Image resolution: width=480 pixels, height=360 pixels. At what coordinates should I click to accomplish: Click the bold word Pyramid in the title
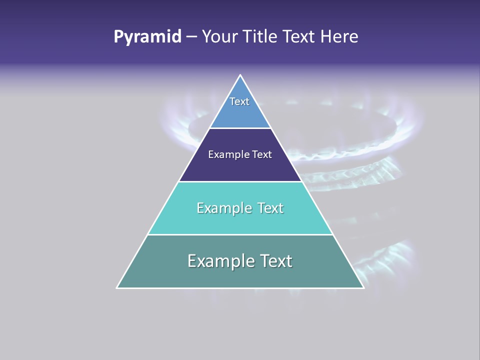(x=147, y=37)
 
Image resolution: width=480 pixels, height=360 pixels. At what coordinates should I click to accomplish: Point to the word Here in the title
(x=339, y=37)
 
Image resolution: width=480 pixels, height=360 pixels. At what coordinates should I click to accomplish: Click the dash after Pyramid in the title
(x=191, y=37)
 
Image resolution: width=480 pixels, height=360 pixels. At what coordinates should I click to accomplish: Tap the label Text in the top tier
(x=239, y=101)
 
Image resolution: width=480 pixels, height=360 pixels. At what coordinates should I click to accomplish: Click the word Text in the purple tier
(x=262, y=155)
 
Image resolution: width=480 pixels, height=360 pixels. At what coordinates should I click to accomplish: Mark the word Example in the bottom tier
(x=220, y=261)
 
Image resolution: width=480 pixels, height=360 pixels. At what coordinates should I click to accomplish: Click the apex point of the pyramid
(x=240, y=75)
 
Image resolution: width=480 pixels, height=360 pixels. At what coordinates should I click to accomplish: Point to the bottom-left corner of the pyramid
(x=117, y=287)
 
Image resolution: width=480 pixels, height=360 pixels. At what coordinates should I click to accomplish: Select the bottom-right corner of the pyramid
(x=363, y=287)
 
